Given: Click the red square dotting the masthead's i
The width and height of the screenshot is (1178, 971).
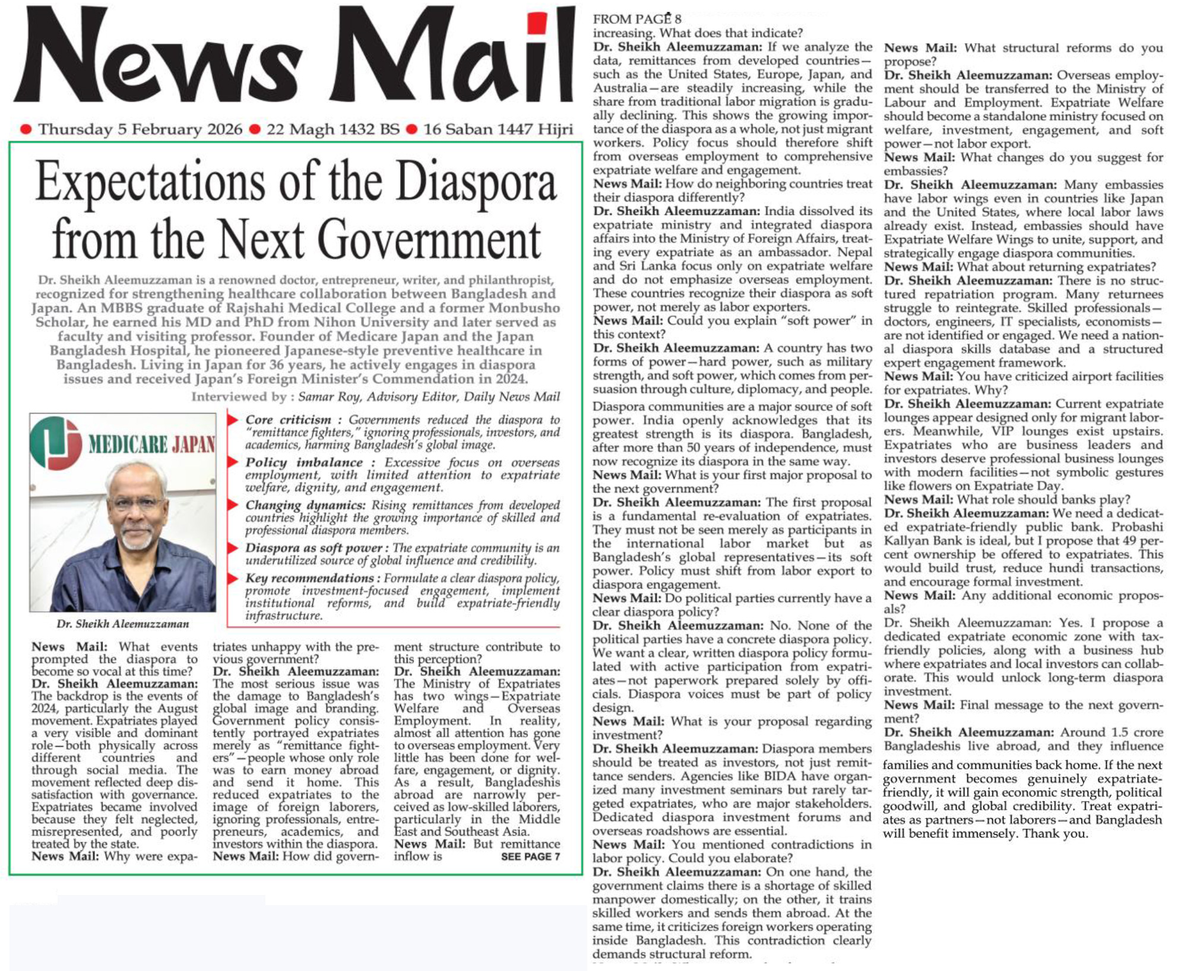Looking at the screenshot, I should (537, 24).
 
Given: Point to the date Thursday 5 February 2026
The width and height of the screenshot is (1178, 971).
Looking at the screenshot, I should (140, 129).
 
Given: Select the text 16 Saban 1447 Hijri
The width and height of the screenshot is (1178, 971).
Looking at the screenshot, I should (498, 129).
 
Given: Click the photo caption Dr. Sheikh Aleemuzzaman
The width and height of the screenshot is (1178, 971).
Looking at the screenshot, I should (123, 624).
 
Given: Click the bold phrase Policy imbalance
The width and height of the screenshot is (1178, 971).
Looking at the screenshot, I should (304, 462).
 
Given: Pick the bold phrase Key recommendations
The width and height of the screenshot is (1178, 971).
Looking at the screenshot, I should (309, 578).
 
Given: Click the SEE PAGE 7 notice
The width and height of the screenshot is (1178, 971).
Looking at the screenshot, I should (530, 856).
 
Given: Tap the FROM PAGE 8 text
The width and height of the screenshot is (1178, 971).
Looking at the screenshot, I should (636, 20).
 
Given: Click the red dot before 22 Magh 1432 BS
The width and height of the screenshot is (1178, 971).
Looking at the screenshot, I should (255, 129).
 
